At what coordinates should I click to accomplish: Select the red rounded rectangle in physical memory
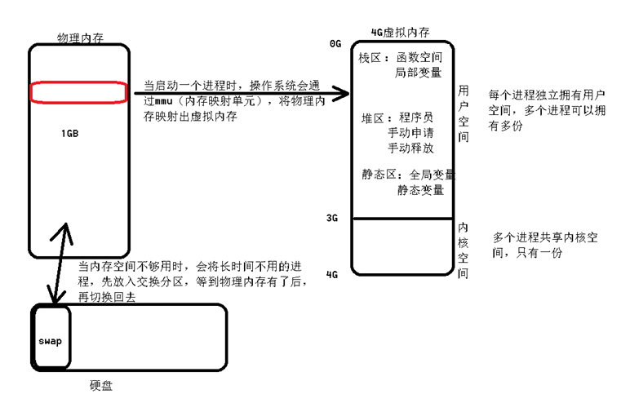(78, 92)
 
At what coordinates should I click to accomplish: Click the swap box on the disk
(50, 340)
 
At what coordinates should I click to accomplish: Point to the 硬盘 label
(101, 386)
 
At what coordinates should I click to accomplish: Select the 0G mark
(335, 43)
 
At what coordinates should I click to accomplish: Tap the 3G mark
(332, 218)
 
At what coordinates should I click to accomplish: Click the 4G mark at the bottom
(332, 275)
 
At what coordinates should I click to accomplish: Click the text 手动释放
(410, 149)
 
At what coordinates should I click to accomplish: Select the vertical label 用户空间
(464, 113)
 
